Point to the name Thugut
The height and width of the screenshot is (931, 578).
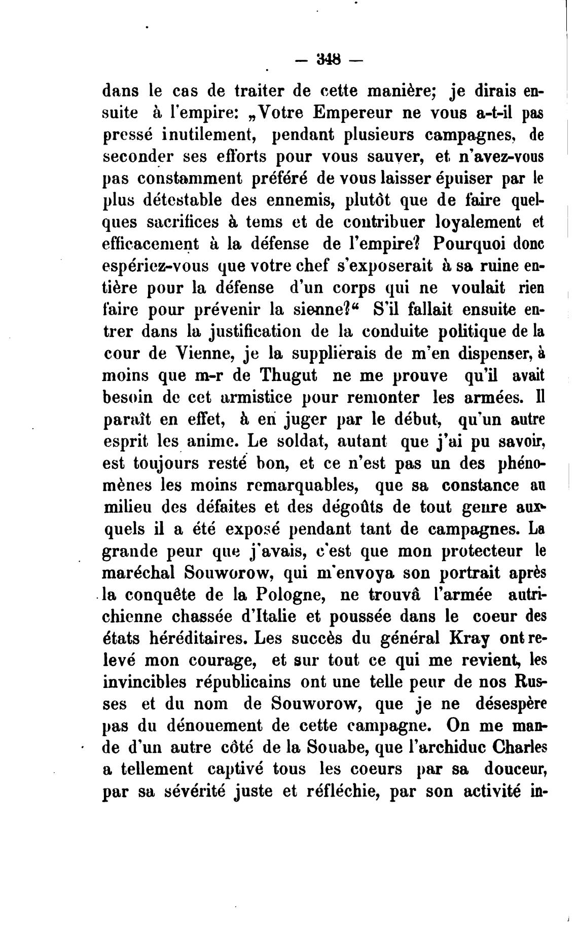[288, 375]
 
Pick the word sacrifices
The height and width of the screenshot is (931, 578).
[173, 222]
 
